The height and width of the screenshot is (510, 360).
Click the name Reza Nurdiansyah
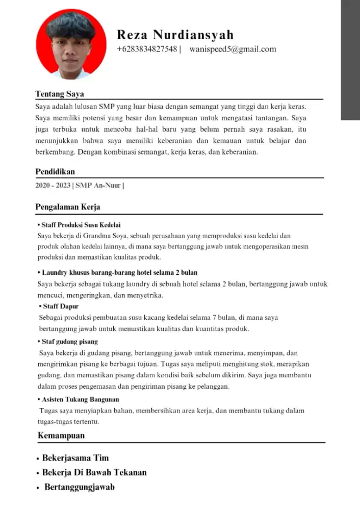(x=175, y=35)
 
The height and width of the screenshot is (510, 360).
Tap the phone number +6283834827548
(x=146, y=49)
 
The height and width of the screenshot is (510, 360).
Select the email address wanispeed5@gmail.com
(x=233, y=49)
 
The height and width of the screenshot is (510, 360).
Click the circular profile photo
(x=71, y=44)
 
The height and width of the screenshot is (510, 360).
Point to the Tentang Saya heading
(x=59, y=94)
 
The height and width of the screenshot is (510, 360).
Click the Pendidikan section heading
(x=55, y=172)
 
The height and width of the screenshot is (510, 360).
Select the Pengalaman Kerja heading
(x=67, y=207)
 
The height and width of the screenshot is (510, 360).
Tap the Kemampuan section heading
(x=61, y=436)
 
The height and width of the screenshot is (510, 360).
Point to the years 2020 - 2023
(x=53, y=185)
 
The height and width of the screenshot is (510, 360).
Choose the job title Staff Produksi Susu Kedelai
(x=81, y=225)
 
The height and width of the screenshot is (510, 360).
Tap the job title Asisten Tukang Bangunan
(x=81, y=399)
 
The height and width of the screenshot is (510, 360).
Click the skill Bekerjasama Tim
(x=75, y=458)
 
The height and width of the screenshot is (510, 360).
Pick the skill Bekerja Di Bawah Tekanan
(x=94, y=472)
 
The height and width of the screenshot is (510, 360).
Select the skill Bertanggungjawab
(x=79, y=487)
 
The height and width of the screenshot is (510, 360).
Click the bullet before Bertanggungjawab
(x=38, y=488)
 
